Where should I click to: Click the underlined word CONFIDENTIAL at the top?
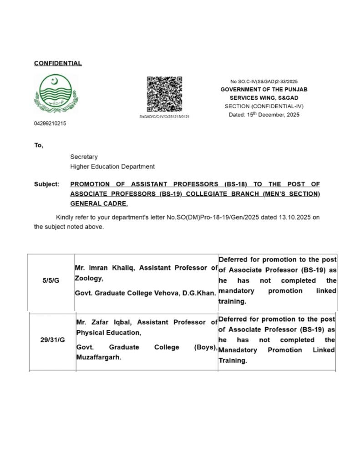pyautogui.click(x=58, y=63)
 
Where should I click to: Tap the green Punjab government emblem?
pyautogui.click(x=56, y=94)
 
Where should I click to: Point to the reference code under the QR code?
pyautogui.click(x=164, y=116)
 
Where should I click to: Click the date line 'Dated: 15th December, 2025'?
pyautogui.click(x=264, y=115)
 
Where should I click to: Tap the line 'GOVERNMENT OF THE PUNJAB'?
pyautogui.click(x=264, y=90)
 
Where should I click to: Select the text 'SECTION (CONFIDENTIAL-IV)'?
pyautogui.click(x=264, y=106)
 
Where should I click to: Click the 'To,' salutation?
pyautogui.click(x=39, y=146)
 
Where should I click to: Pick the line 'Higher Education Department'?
pyautogui.click(x=112, y=167)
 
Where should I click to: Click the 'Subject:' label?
pyautogui.click(x=46, y=184)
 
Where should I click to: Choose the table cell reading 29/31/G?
pyautogui.click(x=51, y=340)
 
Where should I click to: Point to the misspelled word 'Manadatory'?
pyautogui.click(x=238, y=350)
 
